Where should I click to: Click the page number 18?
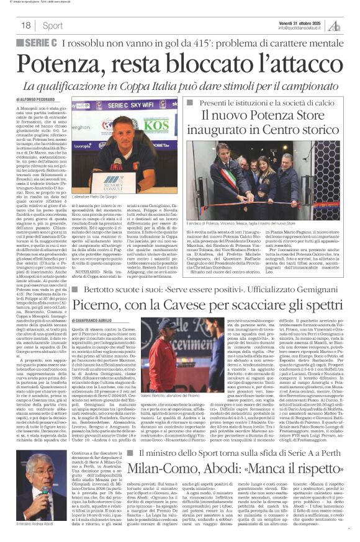click(26, 25)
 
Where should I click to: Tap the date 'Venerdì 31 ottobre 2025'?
click(300, 22)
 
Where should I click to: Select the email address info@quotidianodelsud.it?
click(300, 29)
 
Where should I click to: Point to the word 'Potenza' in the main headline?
click(67, 63)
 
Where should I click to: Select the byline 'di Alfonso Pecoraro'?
click(38, 99)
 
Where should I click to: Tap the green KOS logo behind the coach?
click(158, 126)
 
